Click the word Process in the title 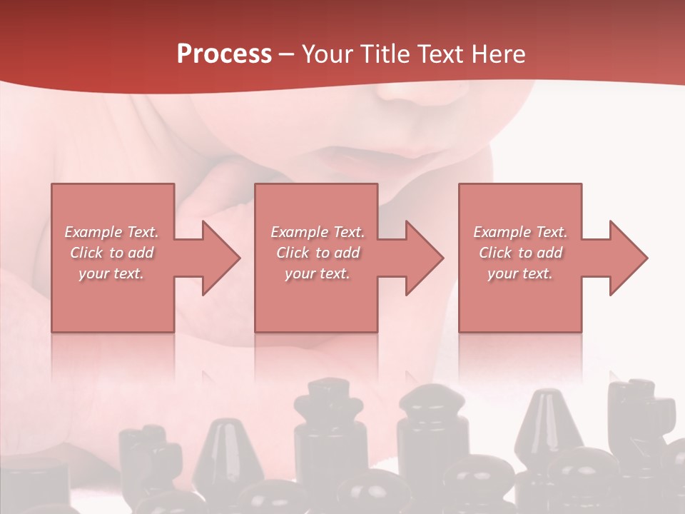[x=224, y=54]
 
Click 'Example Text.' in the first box [x=112, y=232]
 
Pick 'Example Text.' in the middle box [x=318, y=232]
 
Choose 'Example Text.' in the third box [x=520, y=232]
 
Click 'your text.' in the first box [x=112, y=273]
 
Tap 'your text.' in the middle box [x=318, y=273]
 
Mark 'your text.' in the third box [x=520, y=273]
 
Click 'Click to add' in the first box [x=112, y=253]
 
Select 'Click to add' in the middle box [x=318, y=253]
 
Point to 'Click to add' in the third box [x=520, y=253]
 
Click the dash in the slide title [x=287, y=55]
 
